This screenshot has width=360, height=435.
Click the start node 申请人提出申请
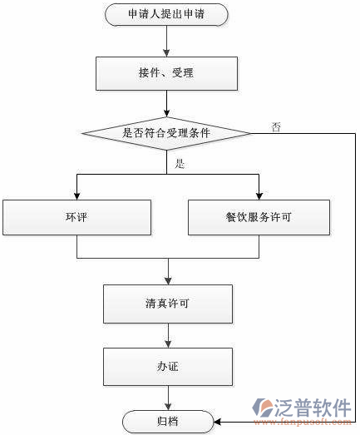tap(166, 14)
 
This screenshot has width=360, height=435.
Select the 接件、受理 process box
tap(166, 73)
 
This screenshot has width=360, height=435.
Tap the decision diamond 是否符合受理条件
tap(166, 132)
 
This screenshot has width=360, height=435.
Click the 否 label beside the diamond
tap(275, 127)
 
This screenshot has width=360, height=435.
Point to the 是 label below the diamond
tap(180, 164)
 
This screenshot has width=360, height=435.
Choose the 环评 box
tap(76, 218)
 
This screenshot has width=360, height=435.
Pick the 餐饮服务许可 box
tap(258, 218)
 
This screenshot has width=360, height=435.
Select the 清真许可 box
tap(166, 304)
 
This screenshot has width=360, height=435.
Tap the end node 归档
tap(166, 422)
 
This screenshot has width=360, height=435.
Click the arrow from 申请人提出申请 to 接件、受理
tap(167, 41)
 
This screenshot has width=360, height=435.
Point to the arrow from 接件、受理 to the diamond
tap(167, 102)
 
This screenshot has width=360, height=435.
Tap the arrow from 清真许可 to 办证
tap(168, 335)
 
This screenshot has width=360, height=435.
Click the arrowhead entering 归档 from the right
tap(217, 422)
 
